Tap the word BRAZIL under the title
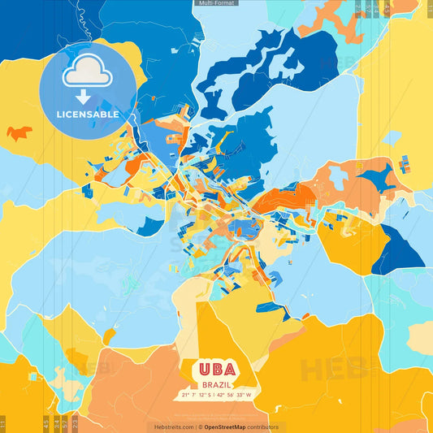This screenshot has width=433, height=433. click(x=215, y=384)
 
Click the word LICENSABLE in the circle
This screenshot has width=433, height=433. click(x=87, y=115)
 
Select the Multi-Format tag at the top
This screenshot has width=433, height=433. click(x=216, y=3)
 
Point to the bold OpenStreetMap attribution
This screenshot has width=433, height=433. click(x=229, y=427)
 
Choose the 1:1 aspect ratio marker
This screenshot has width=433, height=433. click(x=2, y=422)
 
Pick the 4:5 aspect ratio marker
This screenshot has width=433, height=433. click(x=45, y=422)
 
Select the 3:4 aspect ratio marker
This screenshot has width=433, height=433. click(x=55, y=422)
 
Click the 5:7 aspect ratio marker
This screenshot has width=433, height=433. click(x=65, y=422)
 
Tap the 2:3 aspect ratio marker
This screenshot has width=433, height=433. click(x=75, y=422)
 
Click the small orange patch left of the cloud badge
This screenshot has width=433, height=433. click(x=19, y=132)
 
